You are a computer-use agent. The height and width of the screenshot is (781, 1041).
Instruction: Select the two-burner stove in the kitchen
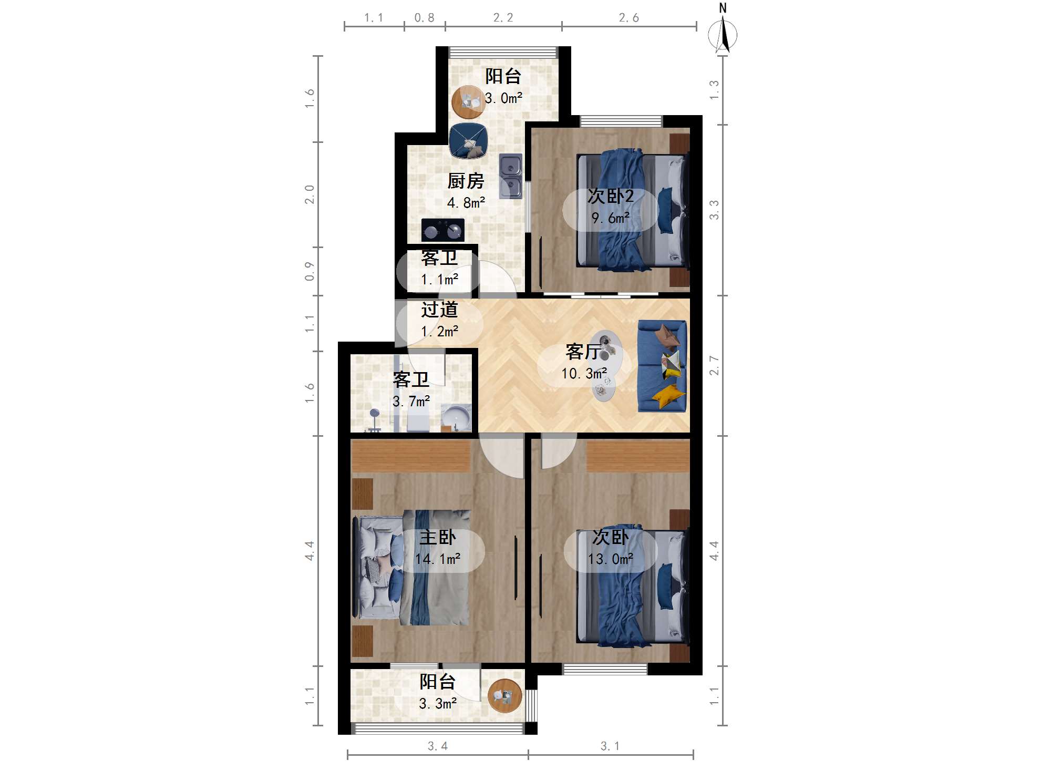click(x=442, y=230)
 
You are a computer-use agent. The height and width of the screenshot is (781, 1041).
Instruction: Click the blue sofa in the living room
click(x=662, y=366)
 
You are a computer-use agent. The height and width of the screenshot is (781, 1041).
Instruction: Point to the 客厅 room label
click(x=583, y=352)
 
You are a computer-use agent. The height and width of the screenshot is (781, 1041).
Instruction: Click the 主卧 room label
click(x=438, y=537)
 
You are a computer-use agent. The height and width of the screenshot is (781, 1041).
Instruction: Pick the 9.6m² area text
click(x=610, y=218)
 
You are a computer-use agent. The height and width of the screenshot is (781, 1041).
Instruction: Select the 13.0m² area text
click(x=610, y=559)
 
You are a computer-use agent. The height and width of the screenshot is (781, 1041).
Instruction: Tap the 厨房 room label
click(x=466, y=181)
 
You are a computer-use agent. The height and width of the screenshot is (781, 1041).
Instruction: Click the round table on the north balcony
click(x=468, y=101)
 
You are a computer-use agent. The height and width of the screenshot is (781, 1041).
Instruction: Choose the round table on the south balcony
click(x=504, y=695)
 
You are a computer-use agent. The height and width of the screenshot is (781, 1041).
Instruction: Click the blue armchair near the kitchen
click(x=468, y=141)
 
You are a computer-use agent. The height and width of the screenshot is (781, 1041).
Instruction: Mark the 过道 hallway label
click(x=439, y=310)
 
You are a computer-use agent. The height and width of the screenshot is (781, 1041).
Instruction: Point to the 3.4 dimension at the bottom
click(x=437, y=746)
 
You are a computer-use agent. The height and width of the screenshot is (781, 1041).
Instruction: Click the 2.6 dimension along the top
click(x=628, y=18)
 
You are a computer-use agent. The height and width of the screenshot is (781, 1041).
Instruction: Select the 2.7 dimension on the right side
click(x=714, y=365)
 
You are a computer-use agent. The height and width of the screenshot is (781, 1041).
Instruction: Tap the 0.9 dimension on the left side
click(x=310, y=271)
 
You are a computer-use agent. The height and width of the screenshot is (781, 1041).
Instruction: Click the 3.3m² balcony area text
click(x=438, y=703)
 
